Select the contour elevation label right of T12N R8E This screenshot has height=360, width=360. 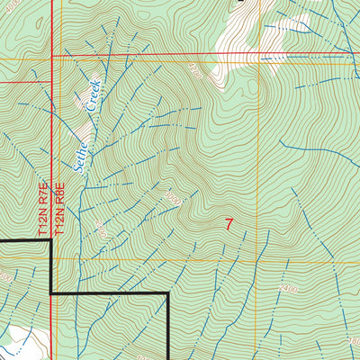[x=101, y=233]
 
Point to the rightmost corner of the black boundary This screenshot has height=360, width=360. [x=169, y=294]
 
